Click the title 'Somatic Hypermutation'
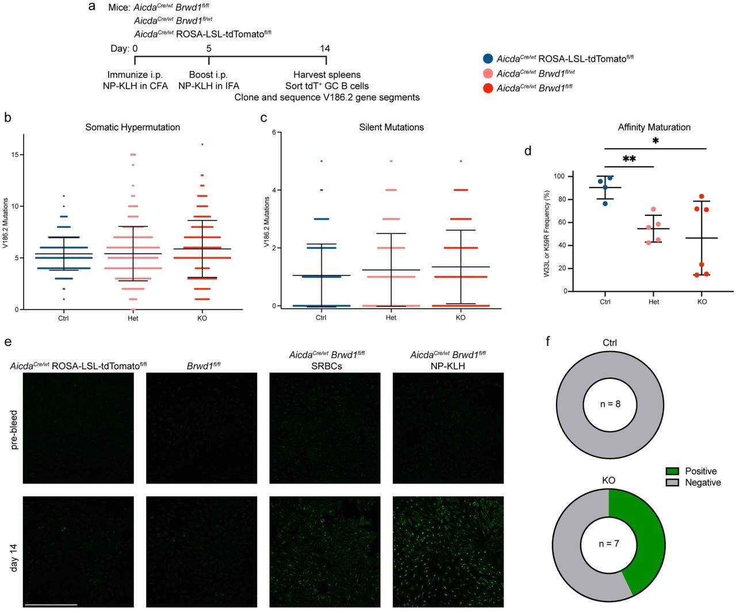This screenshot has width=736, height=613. [132, 127]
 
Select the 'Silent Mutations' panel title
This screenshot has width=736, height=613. [391, 127]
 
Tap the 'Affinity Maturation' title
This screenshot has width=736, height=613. [654, 127]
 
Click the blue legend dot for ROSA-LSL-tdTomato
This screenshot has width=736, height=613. [488, 59]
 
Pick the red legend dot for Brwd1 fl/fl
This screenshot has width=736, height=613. [488, 88]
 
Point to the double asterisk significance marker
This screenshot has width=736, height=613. [629, 159]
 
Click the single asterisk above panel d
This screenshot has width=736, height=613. [655, 141]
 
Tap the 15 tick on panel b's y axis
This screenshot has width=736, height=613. [17, 155]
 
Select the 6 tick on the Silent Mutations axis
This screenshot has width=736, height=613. [274, 132]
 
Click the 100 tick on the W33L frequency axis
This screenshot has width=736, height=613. [558, 176]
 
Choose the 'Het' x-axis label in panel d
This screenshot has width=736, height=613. [653, 302]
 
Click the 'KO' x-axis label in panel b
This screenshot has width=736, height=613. [202, 318]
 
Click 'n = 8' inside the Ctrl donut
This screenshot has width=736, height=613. [609, 404]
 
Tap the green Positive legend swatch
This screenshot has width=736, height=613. [672, 471]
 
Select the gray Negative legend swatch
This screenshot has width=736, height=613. [672, 482]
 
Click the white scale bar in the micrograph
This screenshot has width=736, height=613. [51, 604]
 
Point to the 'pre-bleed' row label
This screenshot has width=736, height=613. [14, 429]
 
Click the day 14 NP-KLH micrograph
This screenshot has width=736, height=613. [448, 551]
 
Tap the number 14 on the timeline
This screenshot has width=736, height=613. [325, 48]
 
